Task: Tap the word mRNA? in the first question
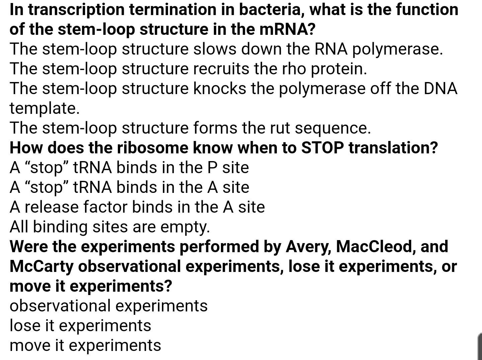[x=288, y=29]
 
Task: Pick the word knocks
[x=220, y=88]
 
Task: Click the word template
[x=45, y=108]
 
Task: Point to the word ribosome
[x=152, y=148]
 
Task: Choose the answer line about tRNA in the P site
[x=129, y=167]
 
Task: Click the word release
[x=52, y=207]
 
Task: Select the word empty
[x=185, y=227]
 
